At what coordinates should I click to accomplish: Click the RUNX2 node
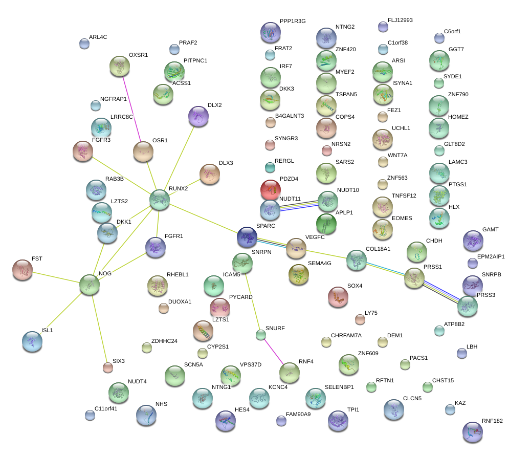point(160,200)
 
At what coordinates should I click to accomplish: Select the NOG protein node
point(90,285)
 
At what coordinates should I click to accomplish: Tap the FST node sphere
point(22,270)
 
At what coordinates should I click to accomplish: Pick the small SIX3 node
point(107,366)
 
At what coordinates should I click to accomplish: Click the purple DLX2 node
point(198,116)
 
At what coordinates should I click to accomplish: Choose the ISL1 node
point(32,341)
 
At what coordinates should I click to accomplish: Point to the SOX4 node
point(338,297)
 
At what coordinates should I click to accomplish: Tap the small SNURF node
point(261,335)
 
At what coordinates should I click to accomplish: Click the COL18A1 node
point(356,260)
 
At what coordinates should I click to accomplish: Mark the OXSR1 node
point(120,66)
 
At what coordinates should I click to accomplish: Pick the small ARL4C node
point(84,44)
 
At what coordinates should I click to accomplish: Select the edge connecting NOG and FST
point(56,277)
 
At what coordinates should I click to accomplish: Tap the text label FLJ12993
point(400,20)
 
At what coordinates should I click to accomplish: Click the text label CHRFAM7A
point(346,336)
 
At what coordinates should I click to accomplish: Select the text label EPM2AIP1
point(491,256)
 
